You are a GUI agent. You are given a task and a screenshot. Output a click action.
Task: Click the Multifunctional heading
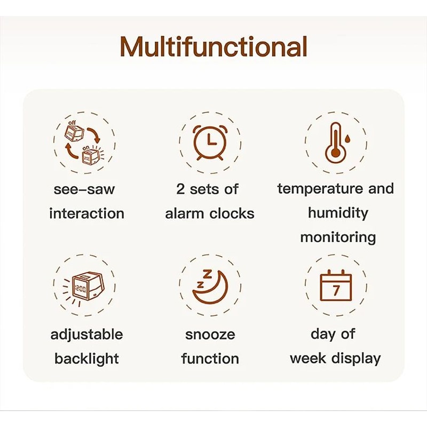click(x=213, y=47)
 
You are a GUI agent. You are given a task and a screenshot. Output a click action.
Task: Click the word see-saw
click(x=84, y=189)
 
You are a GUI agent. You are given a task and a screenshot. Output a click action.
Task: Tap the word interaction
click(x=86, y=213)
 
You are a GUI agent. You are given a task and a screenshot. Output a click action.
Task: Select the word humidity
click(x=338, y=213)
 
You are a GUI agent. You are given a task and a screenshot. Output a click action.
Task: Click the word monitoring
click(x=338, y=237)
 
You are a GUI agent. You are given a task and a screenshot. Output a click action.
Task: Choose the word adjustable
click(x=86, y=335)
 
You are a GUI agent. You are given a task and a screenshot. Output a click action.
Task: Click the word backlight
click(x=86, y=359)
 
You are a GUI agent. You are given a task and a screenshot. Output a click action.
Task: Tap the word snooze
click(x=210, y=335)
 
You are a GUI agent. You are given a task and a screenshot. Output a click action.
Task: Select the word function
click(x=210, y=359)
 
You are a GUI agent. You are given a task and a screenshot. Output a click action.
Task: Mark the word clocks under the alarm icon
click(x=231, y=213)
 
